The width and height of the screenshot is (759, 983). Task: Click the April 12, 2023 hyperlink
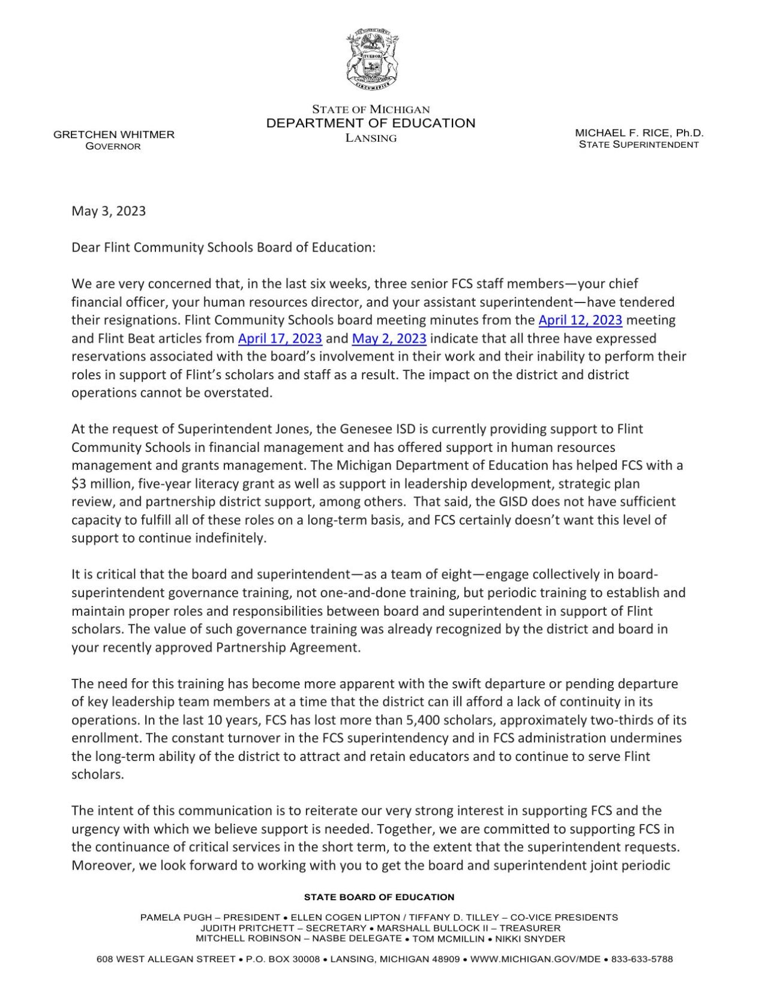(x=580, y=320)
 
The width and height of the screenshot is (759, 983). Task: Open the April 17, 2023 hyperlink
(x=280, y=338)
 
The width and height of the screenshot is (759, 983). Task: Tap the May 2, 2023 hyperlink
(x=389, y=338)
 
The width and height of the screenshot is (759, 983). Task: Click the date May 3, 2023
(x=109, y=211)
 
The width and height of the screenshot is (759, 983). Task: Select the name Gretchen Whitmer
(x=114, y=134)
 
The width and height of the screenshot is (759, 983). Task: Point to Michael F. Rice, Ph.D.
(x=639, y=133)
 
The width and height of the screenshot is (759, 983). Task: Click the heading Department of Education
(x=370, y=123)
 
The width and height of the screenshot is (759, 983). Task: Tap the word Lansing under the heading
(x=371, y=138)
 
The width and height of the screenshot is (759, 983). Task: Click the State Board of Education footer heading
(x=379, y=897)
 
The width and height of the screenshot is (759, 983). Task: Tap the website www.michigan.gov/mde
(x=535, y=959)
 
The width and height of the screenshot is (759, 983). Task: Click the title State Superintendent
(x=638, y=145)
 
